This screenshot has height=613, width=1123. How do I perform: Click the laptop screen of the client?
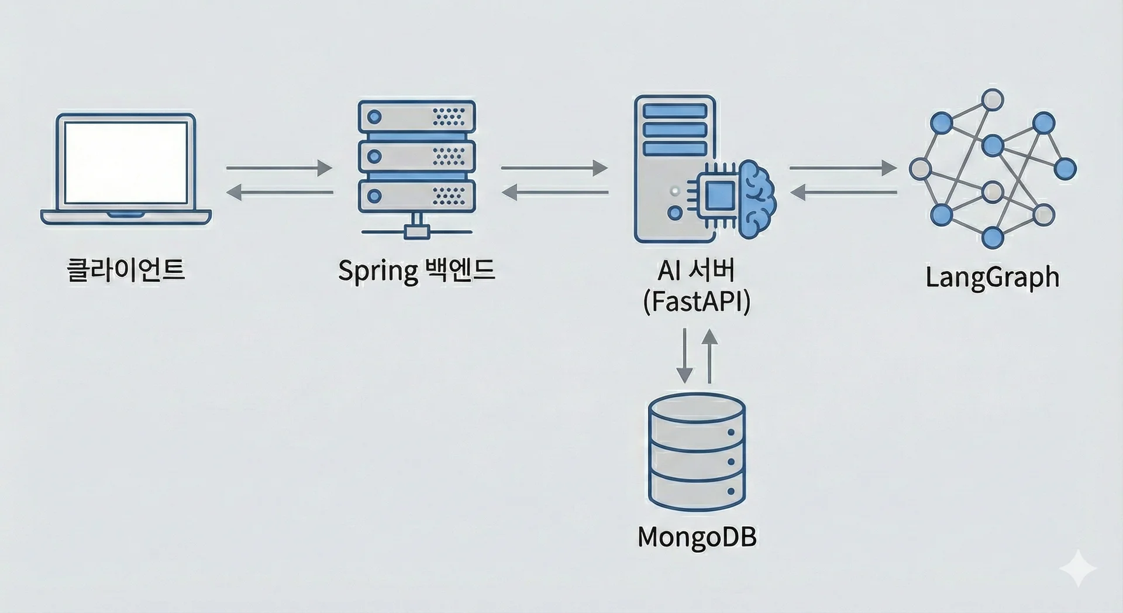(126, 162)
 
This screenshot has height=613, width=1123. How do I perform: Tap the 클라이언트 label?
(126, 270)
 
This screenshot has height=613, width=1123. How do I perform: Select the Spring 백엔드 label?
(416, 270)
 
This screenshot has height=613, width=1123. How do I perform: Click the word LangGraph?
(992, 277)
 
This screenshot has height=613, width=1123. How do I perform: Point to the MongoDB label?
(697, 537)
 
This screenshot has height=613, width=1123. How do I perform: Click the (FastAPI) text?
(696, 302)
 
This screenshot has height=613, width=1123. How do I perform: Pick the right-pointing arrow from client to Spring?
(279, 168)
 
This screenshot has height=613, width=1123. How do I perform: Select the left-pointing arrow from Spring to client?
(279, 192)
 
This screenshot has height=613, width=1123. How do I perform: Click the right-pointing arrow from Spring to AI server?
(554, 168)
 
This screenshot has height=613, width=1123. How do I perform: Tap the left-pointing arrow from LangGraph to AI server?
(843, 192)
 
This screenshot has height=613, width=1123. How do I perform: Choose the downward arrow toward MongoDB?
(684, 355)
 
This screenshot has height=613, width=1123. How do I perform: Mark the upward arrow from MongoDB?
(709, 355)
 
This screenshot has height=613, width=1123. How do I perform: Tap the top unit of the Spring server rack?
(416, 117)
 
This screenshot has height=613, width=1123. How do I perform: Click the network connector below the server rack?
(416, 231)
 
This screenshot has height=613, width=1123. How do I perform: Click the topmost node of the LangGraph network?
(992, 100)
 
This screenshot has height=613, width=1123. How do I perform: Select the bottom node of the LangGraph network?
(992, 237)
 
